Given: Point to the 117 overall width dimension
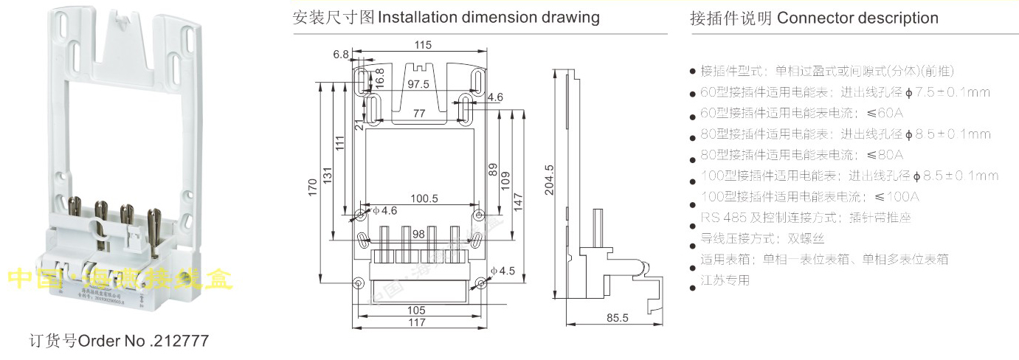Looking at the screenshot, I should [417, 322].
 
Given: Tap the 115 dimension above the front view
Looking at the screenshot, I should [423, 46].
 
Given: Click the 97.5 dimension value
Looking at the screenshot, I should [418, 85].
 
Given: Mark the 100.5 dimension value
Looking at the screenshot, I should [424, 198].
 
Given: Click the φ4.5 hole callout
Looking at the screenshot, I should [502, 271].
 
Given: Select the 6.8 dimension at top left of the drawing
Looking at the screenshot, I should [340, 55].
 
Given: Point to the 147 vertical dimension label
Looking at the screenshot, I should [518, 199].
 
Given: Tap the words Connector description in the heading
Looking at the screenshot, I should [858, 18].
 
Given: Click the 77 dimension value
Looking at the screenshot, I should [418, 113].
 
